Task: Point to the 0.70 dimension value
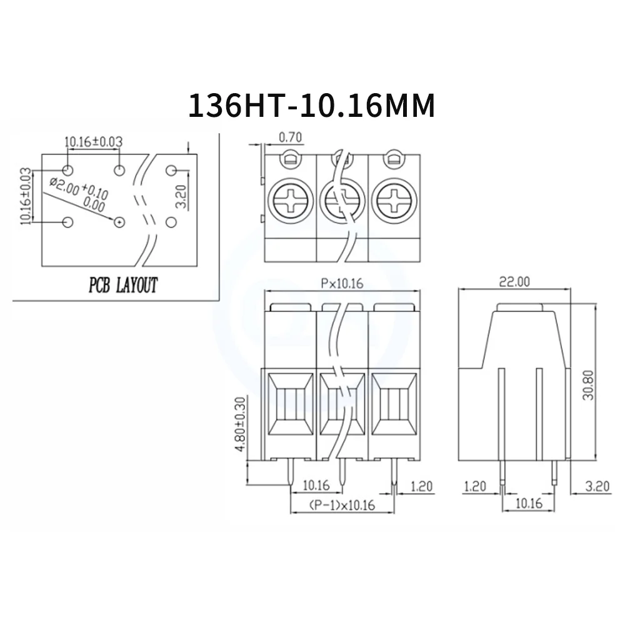pos(290,136)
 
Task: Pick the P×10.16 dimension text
pos(341,283)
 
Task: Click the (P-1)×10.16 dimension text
pos(341,505)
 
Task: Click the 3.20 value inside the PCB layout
pos(180,196)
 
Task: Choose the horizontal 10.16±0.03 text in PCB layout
pos(93,142)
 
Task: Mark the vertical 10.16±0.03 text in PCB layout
pos(25,196)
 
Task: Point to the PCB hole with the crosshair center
pos(119,222)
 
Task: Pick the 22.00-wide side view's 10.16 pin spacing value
pos(529,502)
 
